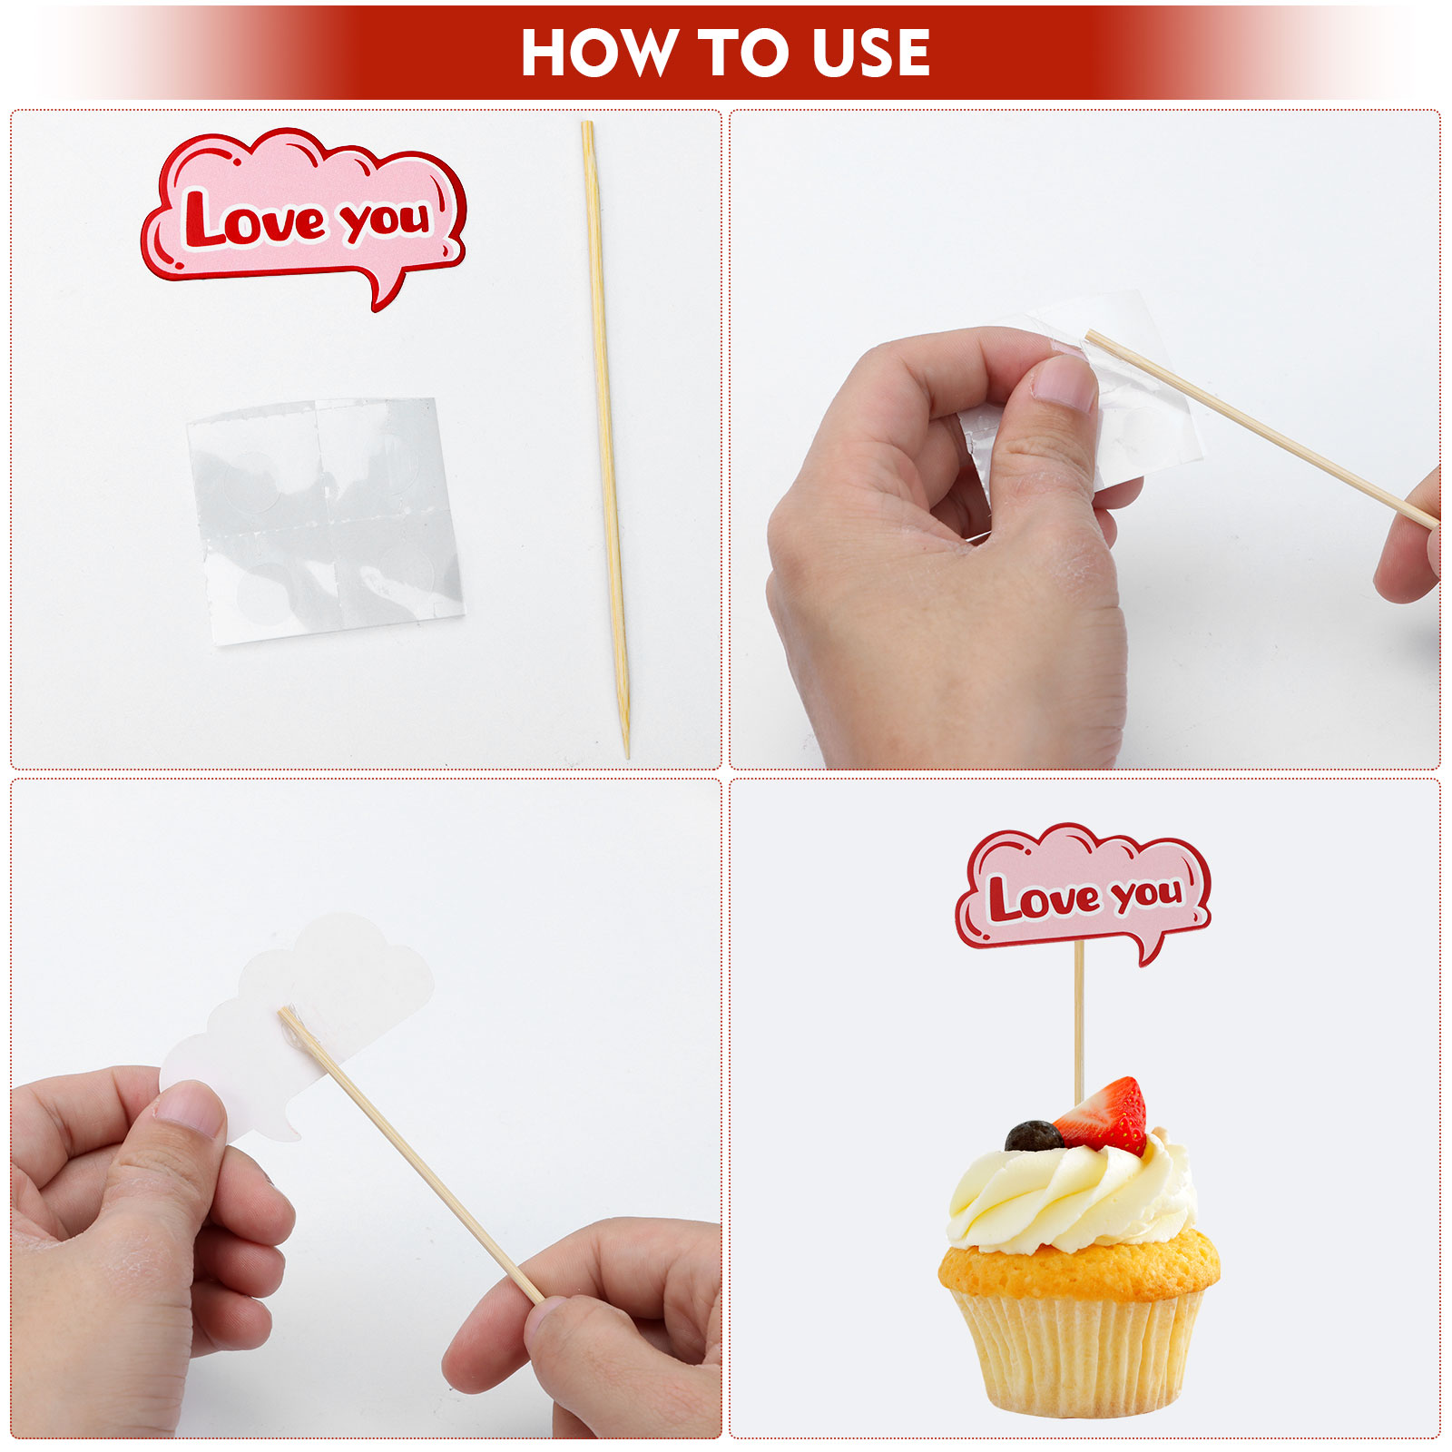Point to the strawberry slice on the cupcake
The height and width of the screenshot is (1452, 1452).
point(1102,1115)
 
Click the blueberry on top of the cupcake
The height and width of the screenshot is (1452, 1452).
point(1033,1136)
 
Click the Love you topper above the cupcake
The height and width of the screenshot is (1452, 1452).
point(1084,889)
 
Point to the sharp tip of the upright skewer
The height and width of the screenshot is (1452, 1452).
point(626,754)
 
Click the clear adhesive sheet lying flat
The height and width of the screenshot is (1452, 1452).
point(325,520)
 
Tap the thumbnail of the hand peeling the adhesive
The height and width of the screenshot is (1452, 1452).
point(1064,381)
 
